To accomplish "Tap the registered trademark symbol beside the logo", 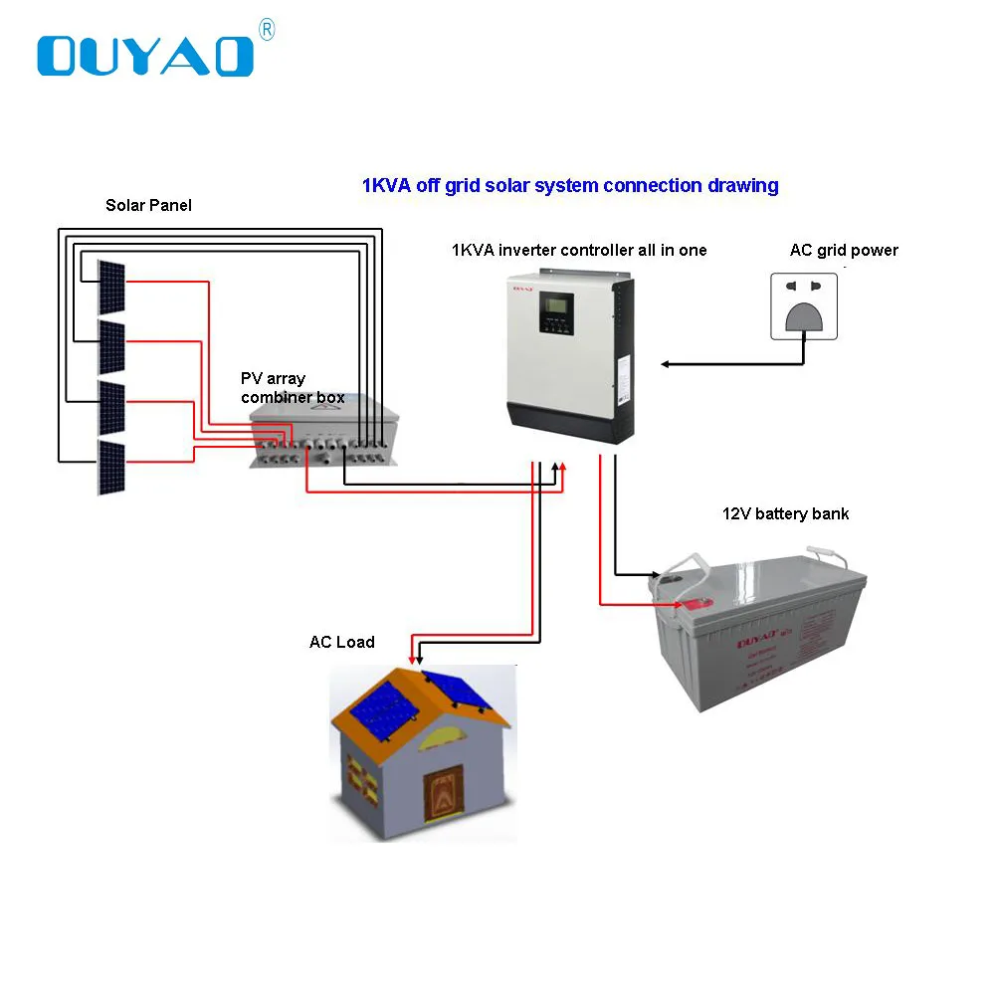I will coord(266,31).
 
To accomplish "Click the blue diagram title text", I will coord(569,185).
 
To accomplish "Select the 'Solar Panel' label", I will coord(148,206).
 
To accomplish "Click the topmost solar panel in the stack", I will coord(111,286).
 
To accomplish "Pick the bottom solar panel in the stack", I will coord(111,467).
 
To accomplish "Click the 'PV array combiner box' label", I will coord(292,388).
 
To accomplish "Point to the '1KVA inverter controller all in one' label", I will coord(579,250).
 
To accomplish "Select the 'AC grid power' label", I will coord(844,250).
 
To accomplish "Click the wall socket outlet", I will coord(803,307).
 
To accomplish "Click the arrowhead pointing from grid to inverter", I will coord(665,364).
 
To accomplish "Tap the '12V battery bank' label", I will coord(785,514).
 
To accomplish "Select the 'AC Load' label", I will coord(341,643).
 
